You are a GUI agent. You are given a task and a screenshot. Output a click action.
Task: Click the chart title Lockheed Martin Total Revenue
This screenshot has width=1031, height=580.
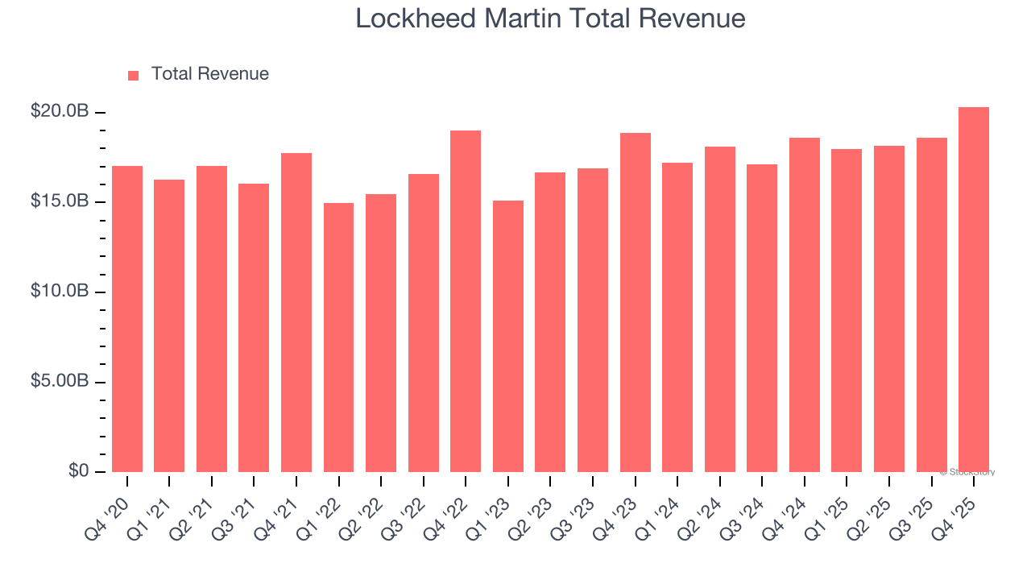tap(550, 19)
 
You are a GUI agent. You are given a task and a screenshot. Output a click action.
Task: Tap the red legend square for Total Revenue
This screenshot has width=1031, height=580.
tap(133, 75)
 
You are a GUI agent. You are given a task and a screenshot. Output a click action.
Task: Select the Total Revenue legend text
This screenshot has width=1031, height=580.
tap(209, 74)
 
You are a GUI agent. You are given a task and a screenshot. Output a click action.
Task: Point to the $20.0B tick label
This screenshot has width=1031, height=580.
tap(59, 111)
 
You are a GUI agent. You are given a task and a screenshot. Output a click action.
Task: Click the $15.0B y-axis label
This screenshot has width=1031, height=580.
tap(59, 201)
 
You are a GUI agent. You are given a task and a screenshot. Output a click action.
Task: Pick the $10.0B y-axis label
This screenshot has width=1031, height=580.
tap(59, 291)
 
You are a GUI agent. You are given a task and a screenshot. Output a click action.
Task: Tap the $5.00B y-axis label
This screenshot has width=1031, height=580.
tap(59, 381)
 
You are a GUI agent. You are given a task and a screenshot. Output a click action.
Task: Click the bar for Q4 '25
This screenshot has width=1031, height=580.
tap(973, 290)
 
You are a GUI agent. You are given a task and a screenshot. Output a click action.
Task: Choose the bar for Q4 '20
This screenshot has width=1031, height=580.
tap(127, 319)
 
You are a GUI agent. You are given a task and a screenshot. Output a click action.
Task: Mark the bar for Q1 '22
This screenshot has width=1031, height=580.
tap(338, 338)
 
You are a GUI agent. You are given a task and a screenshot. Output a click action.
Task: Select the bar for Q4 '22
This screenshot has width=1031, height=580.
tap(466, 301)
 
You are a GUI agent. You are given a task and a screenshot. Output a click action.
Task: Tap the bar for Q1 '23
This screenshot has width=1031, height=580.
tap(507, 336)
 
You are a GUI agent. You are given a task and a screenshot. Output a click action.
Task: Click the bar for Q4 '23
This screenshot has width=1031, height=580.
tap(635, 303)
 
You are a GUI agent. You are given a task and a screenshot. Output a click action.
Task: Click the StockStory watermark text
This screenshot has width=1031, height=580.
tap(967, 472)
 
